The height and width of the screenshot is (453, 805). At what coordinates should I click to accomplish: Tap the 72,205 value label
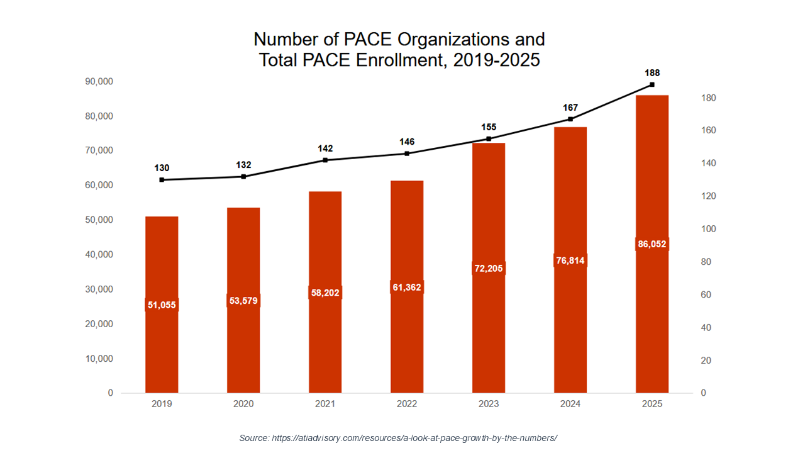tap(489, 268)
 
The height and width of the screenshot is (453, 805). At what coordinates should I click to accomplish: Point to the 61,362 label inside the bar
tap(407, 287)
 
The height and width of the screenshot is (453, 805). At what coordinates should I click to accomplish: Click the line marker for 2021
tap(325, 160)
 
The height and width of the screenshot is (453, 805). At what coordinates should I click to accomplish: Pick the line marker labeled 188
tap(652, 84)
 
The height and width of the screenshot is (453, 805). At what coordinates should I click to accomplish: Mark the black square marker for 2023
tap(489, 138)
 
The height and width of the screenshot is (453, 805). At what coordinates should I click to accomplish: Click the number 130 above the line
tap(162, 168)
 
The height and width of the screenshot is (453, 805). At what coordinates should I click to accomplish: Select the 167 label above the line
tap(570, 108)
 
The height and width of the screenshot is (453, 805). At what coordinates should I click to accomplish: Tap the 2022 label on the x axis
tap(407, 404)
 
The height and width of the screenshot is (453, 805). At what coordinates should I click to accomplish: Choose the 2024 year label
tap(570, 404)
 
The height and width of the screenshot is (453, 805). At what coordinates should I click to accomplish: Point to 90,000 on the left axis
tap(99, 82)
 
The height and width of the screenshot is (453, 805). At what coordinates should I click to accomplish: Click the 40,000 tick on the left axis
tap(99, 255)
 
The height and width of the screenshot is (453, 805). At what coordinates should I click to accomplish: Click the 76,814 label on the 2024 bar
tap(570, 260)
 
